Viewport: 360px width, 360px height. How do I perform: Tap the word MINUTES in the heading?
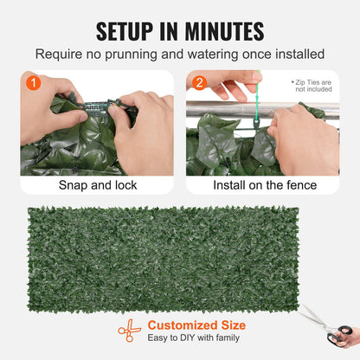222,31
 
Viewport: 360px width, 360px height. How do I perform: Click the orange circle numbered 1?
32,84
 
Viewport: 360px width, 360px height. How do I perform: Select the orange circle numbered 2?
198,84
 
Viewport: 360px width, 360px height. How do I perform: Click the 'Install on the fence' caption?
262,185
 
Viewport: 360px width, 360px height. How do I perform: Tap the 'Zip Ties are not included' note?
313,85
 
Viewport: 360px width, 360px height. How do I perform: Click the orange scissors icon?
130,331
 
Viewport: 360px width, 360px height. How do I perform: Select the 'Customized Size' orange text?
196,325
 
